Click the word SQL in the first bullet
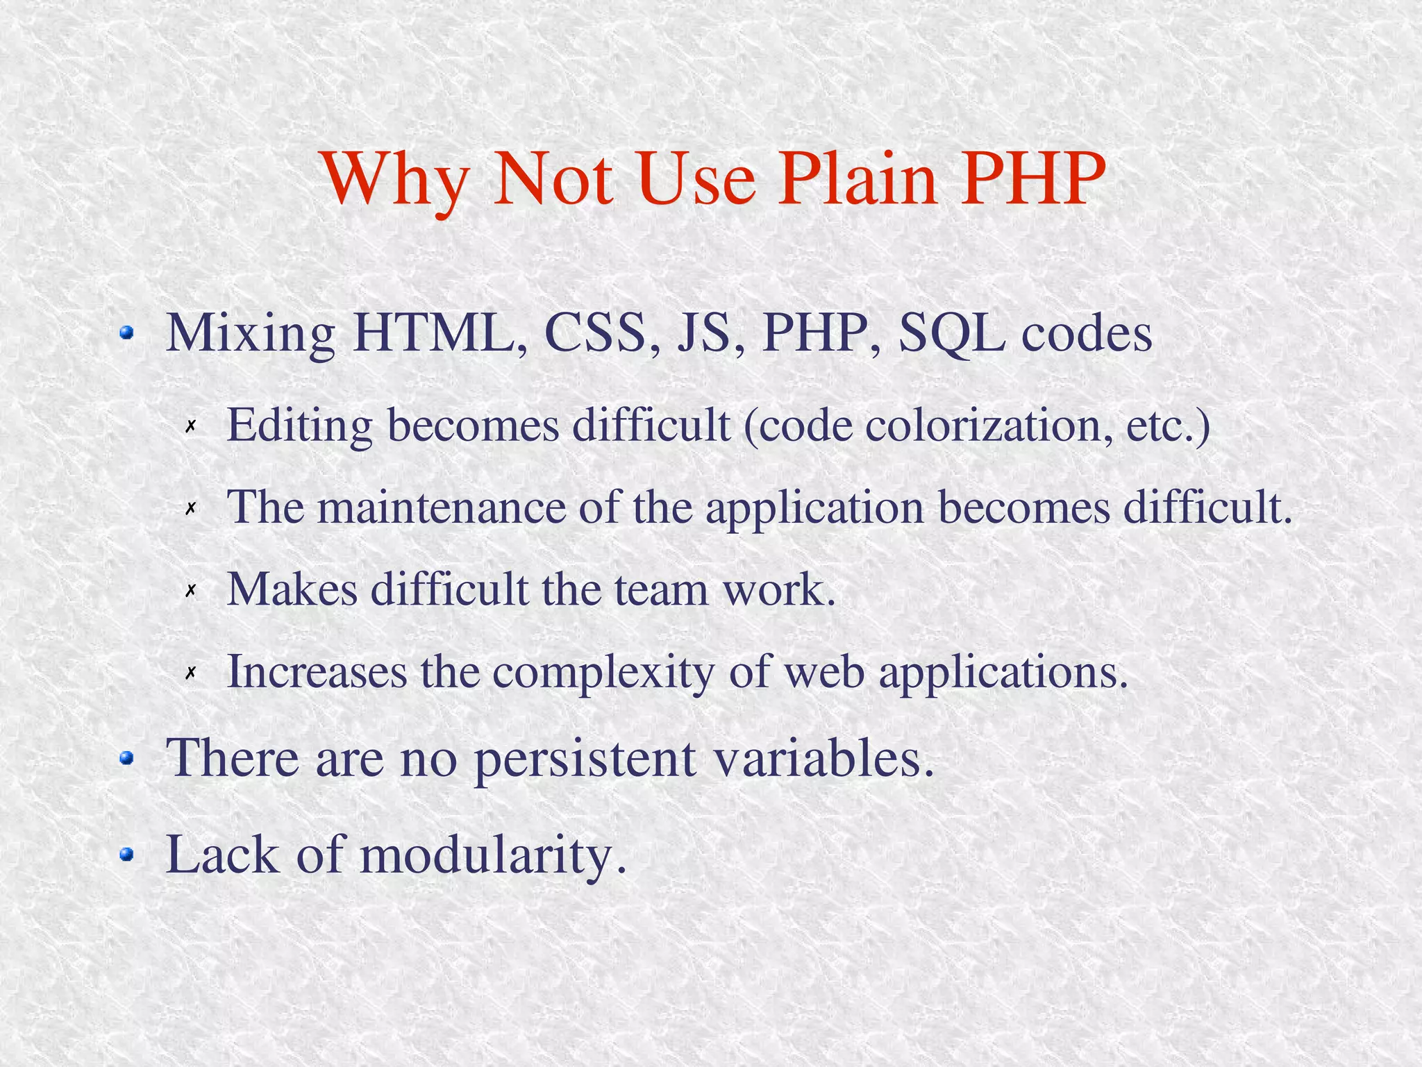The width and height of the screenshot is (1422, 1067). tap(951, 335)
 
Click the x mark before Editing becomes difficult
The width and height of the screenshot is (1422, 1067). tap(191, 426)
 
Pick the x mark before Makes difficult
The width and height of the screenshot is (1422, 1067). tap(191, 591)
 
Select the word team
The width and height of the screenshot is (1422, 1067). tap(661, 589)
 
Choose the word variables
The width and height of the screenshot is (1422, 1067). tap(823, 758)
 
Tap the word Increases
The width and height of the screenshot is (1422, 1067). tap(317, 671)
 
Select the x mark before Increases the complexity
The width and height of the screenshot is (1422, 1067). tap(191, 673)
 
